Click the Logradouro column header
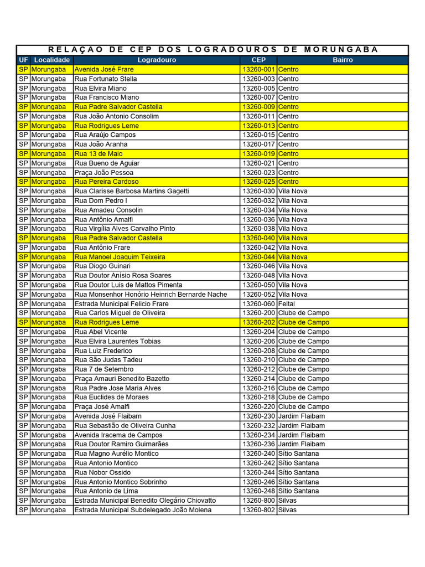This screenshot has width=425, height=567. tap(157, 60)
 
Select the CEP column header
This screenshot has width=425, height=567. tap(258, 60)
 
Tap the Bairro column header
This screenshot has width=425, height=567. tap(343, 60)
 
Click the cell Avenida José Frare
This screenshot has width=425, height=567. tap(104, 70)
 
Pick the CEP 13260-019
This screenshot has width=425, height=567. tap(258, 153)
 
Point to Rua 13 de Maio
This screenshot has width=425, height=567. tap(99, 153)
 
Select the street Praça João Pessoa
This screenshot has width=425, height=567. tap(104, 172)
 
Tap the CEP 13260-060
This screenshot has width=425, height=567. tap(258, 303)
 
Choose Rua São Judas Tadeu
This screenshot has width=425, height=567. tap(108, 360)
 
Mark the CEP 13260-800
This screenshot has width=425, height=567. tap(258, 501)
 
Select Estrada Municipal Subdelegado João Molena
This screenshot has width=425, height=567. tap(143, 510)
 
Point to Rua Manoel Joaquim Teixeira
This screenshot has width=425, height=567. tap(120, 257)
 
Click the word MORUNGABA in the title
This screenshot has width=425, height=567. tap(341, 49)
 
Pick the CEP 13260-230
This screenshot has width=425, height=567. tap(258, 416)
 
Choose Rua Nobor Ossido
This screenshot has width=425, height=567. tap(103, 472)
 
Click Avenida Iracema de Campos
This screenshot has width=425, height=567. tap(118, 435)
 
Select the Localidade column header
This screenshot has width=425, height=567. tap(51, 60)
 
